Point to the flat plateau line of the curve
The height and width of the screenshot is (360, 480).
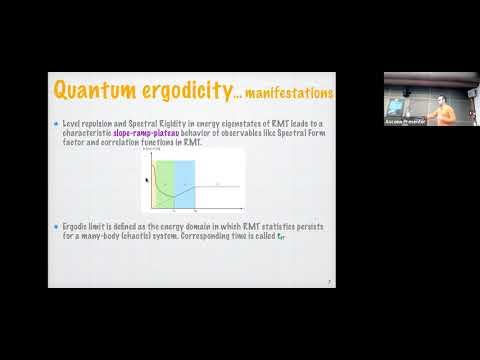coord(222,186)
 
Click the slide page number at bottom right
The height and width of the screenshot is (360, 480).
coord(329,283)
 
